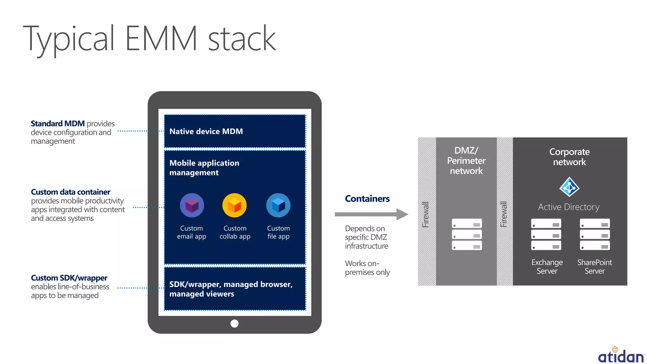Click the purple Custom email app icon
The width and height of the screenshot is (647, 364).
pos(192,205)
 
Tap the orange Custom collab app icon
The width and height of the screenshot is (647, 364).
pos(234,205)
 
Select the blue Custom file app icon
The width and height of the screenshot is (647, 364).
pos(278,205)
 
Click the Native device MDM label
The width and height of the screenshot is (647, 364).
pos(206,131)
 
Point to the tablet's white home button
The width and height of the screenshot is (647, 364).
pos(234,324)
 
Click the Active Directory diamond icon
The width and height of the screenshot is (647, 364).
pos(569,187)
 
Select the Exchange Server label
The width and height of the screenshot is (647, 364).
pos(547,267)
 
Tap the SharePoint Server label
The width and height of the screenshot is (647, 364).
pos(594,267)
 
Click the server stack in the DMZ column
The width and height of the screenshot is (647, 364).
pos(467,234)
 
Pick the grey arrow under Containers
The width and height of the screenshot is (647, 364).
pos(371,214)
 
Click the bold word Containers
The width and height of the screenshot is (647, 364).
pos(367,199)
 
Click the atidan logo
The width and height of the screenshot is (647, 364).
pos(621,355)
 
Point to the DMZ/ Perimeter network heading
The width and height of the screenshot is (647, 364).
pos(466,161)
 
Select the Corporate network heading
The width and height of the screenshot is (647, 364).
pos(569,157)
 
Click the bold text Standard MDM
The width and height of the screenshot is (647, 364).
pos(57,124)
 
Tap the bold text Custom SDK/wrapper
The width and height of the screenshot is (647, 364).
pos(69,278)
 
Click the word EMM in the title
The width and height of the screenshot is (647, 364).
pos(161,39)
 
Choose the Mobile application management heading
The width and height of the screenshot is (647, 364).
pos(204,168)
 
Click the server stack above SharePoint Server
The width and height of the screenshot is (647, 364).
pos(595,234)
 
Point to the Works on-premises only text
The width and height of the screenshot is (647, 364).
pos(367,268)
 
